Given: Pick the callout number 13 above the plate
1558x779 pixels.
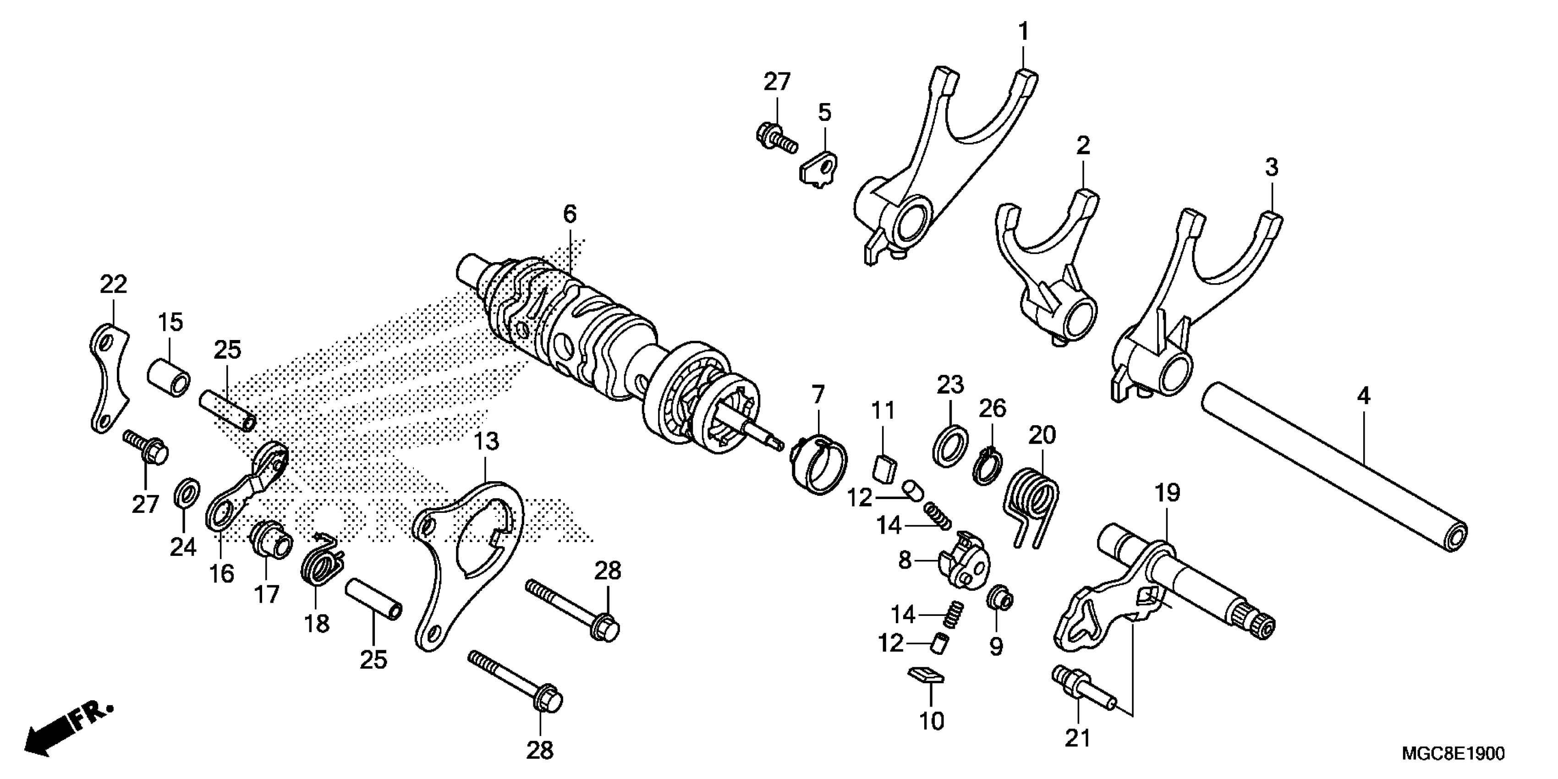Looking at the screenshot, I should (x=487, y=442).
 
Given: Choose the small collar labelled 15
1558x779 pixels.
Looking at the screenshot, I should (x=169, y=378).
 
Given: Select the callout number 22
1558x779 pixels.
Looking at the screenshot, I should (x=114, y=284).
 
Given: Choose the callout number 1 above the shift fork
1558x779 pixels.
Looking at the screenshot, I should (x=1023, y=32).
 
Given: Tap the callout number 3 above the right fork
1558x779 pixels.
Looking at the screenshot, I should (x=1271, y=168).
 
